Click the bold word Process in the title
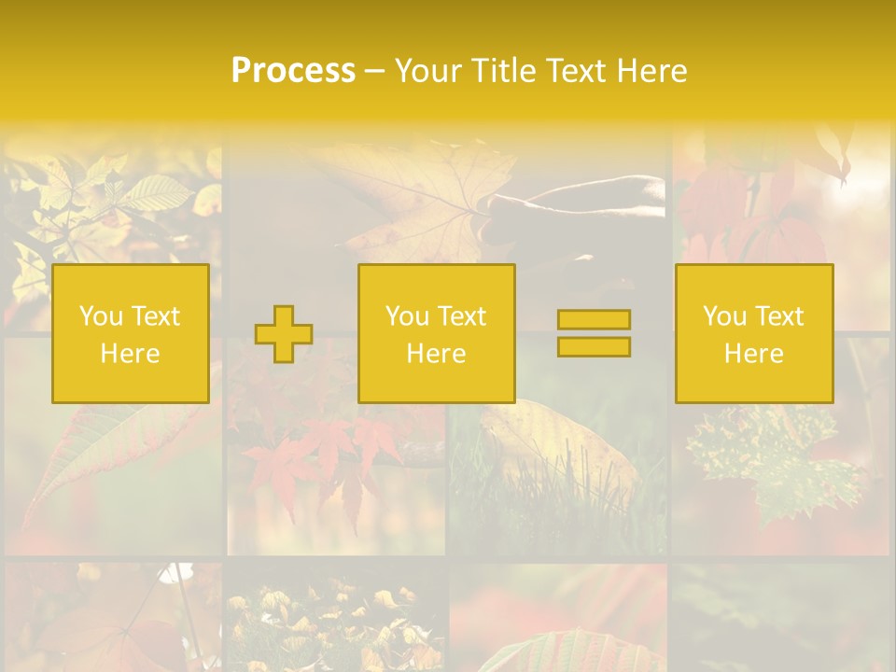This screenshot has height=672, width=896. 293,71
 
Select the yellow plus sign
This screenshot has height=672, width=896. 284,334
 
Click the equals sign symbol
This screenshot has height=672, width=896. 594,333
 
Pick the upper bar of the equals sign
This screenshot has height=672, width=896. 594,320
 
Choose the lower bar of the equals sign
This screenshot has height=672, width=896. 594,346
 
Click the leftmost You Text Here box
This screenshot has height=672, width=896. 131,333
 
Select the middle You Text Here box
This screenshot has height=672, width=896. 436,333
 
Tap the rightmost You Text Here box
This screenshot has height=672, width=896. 753,333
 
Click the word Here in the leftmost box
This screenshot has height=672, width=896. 131,354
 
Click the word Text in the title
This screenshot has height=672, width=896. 579,71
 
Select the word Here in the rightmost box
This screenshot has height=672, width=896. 753,354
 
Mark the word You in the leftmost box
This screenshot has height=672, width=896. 101,316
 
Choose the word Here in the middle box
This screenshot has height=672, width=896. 436,354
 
